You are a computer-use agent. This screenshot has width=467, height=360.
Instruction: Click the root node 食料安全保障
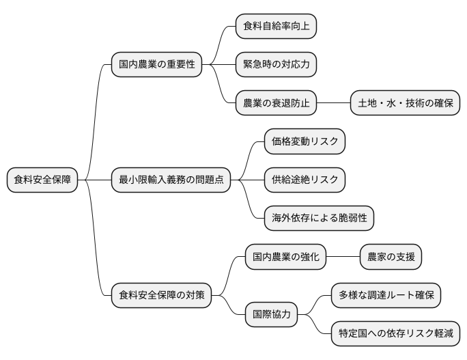tap(42, 180)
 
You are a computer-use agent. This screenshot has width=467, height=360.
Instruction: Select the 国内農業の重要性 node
tap(157, 64)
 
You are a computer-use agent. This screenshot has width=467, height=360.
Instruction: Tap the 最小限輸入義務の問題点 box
tap(171, 180)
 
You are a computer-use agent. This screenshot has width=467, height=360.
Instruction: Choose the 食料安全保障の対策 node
tap(161, 296)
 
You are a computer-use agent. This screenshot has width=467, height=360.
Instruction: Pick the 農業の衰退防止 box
tap(276, 103)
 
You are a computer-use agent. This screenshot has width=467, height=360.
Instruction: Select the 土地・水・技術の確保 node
tap(405, 103)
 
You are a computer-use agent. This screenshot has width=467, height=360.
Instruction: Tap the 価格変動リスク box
tap(305, 141)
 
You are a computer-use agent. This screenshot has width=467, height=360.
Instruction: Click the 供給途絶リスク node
tap(305, 180)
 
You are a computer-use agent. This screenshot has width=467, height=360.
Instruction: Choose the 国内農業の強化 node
tap(285, 258)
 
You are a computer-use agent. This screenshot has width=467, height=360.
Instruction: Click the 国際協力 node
tap(271, 315)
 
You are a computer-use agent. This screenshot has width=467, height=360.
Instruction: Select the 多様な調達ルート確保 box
tap(386, 296)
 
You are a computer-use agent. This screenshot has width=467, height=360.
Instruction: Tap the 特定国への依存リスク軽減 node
tap(395, 334)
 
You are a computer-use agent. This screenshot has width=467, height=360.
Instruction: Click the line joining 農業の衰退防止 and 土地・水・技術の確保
tap(334, 103)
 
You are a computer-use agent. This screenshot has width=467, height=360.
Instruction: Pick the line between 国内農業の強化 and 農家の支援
tap(343, 258)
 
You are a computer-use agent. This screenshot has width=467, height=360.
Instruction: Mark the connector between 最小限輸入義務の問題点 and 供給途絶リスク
tap(247, 180)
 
